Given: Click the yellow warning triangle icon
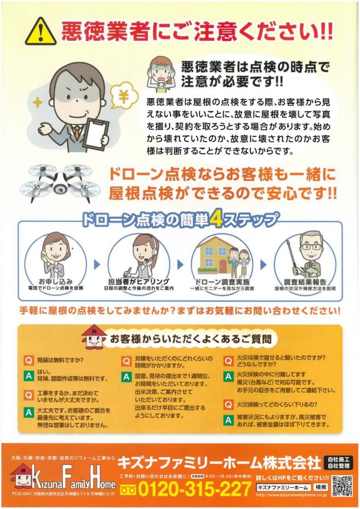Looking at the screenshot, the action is point(41,33).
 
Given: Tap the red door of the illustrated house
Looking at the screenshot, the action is point(224,266).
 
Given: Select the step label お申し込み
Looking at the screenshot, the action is point(56,282).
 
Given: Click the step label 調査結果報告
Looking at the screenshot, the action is point(305,282).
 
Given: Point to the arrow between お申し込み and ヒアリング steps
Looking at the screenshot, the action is point(97,265).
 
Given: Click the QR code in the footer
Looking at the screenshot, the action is point(342,486).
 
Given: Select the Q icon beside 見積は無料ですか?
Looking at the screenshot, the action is point(29,360).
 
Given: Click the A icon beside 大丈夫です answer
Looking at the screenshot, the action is point(29,412).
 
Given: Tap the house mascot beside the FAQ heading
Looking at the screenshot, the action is point(94,337).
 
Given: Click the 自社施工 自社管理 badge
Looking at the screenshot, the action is point(338,463).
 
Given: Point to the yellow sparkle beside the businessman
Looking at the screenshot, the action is point(38,102).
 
